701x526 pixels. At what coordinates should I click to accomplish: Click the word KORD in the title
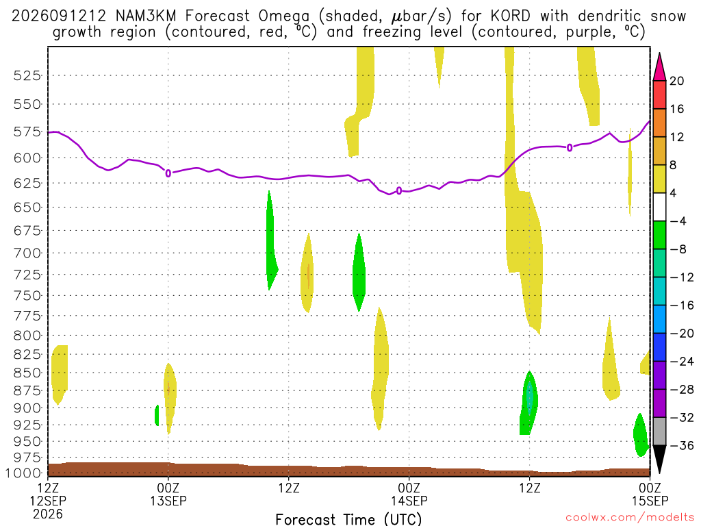[510, 16]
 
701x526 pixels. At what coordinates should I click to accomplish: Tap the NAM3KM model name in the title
[145, 16]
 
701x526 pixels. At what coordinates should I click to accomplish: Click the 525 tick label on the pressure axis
[27, 75]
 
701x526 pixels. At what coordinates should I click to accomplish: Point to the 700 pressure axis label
[27, 253]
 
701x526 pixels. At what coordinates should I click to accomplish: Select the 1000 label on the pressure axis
[23, 473]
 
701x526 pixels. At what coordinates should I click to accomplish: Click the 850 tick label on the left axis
[27, 373]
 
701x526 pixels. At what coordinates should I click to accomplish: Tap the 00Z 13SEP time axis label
[168, 494]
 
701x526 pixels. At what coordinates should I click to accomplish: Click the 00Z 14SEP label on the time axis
[409, 494]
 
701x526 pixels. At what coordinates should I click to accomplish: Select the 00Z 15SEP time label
[650, 494]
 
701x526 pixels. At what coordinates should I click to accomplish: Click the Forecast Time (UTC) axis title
[348, 519]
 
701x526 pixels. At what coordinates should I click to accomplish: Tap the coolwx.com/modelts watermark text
[630, 518]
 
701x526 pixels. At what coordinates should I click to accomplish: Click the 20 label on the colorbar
[676, 81]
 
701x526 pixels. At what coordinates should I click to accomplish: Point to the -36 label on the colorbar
[681, 445]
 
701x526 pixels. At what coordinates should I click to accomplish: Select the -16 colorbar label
[681, 305]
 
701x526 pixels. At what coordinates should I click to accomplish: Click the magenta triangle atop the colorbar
[659, 67]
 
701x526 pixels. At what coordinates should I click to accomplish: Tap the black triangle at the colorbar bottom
[659, 458]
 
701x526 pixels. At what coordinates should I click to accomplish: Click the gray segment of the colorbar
[659, 431]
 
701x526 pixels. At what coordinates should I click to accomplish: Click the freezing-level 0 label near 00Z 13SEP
[168, 173]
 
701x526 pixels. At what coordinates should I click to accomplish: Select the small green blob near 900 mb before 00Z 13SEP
[157, 415]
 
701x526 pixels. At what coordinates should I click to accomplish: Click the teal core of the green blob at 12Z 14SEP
[530, 396]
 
